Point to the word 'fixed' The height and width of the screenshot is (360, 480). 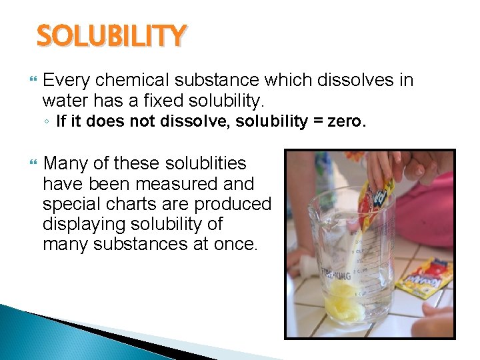click(x=163, y=101)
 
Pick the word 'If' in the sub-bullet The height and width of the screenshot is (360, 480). click(x=61, y=121)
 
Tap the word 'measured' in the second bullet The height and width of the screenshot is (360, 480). click(x=171, y=183)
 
